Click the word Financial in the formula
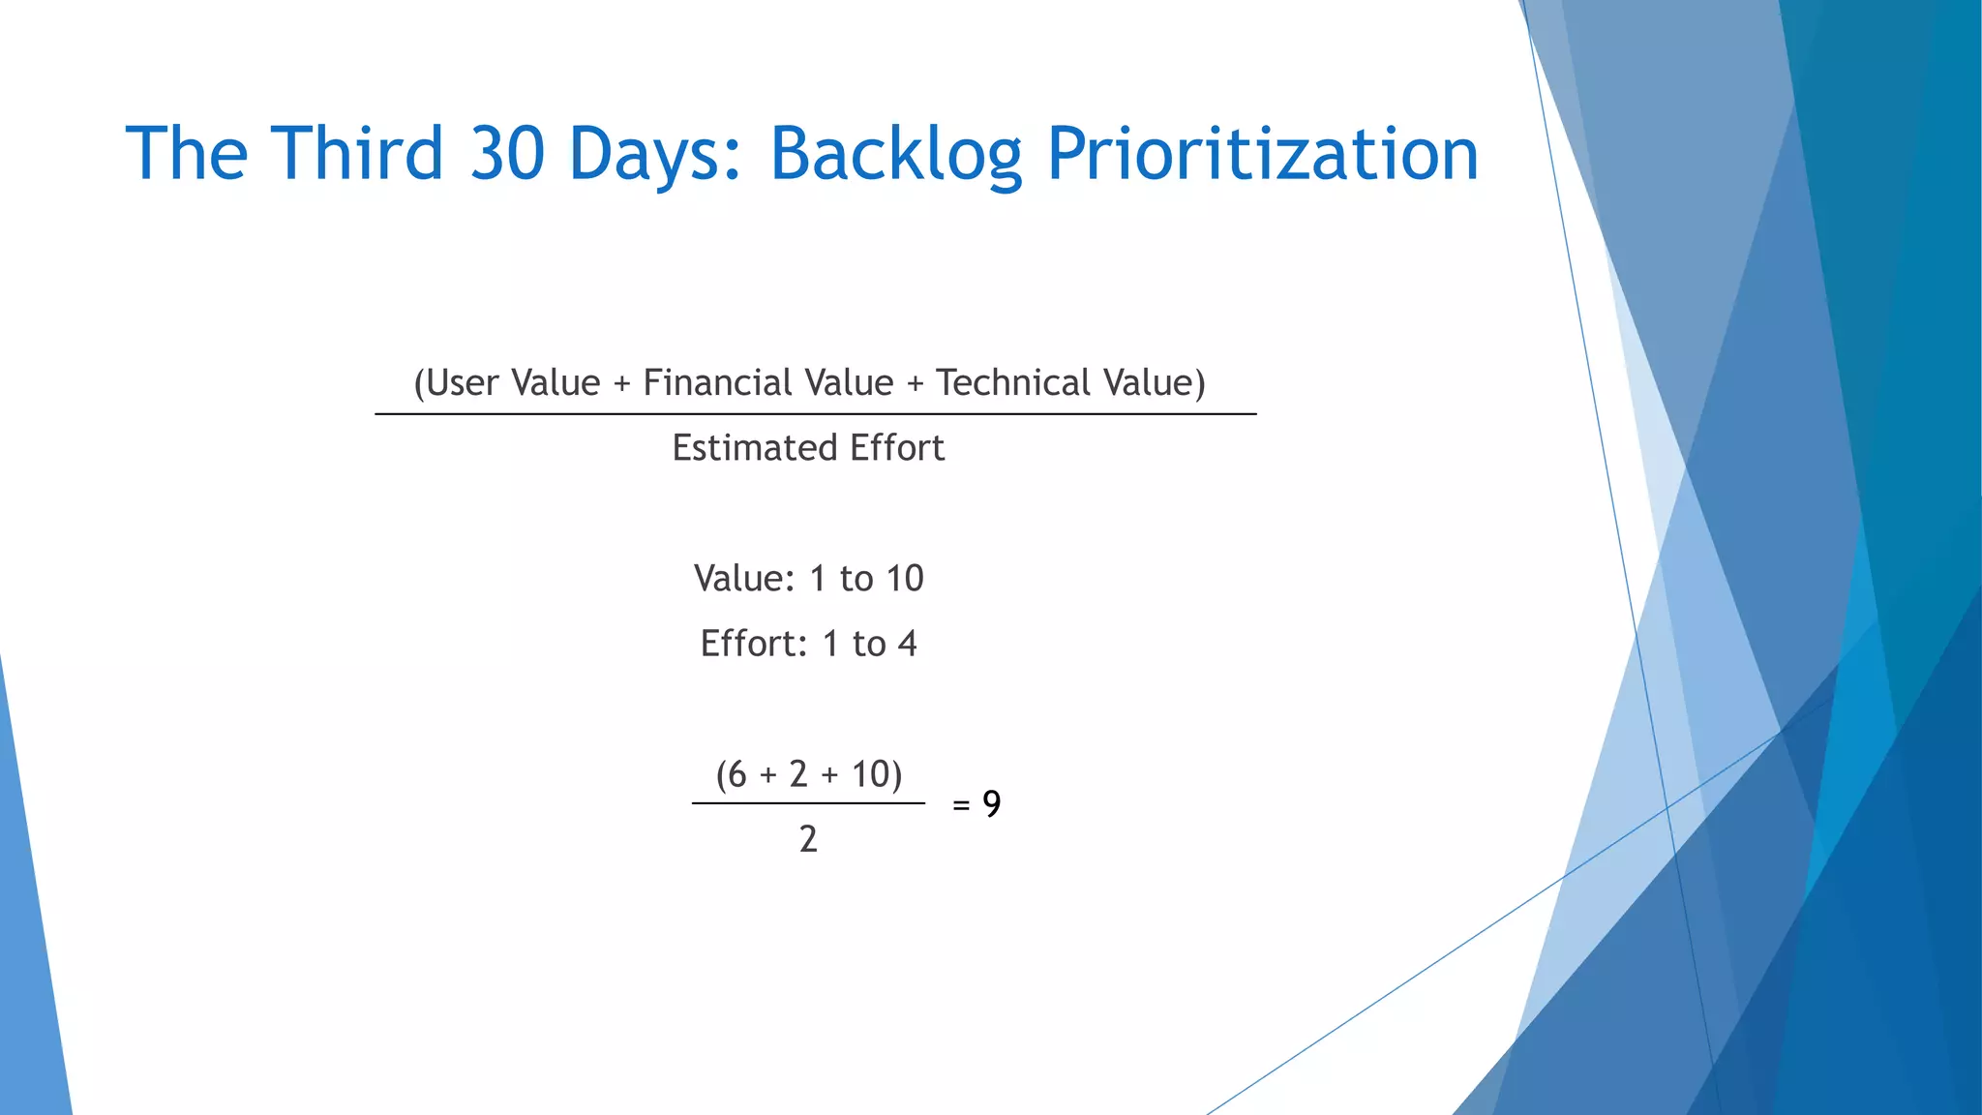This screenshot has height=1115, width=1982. click(x=713, y=383)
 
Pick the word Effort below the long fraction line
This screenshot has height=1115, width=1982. click(x=896, y=448)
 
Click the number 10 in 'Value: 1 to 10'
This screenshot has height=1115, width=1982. click(x=904, y=579)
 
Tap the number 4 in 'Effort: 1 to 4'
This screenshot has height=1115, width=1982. click(x=907, y=644)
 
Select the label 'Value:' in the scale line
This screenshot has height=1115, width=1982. click(x=744, y=579)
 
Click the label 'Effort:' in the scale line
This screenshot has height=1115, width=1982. click(x=753, y=644)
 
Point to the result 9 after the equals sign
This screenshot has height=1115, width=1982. click(x=992, y=804)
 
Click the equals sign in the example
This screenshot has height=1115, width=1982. click(x=961, y=805)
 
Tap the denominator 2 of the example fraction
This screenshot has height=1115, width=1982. click(x=808, y=839)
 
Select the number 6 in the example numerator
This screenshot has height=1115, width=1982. click(x=736, y=774)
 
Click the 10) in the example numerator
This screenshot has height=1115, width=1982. click(x=877, y=774)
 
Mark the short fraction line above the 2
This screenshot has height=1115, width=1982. click(x=808, y=803)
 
